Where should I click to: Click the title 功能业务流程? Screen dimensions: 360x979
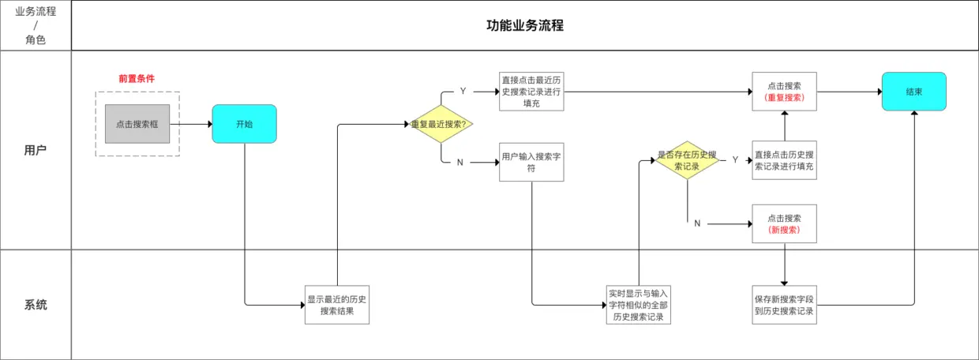tap(524, 25)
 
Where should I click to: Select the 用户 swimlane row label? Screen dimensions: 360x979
tap(36, 150)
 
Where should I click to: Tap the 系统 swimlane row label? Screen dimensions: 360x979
tap(36, 305)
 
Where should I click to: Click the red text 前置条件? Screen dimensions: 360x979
tap(137, 79)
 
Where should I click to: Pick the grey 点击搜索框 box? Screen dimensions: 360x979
tap(137, 124)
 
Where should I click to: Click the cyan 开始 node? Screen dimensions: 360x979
tap(244, 124)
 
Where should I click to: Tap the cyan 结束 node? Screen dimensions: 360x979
tap(913, 92)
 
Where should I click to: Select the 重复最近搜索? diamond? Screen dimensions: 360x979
tap(441, 124)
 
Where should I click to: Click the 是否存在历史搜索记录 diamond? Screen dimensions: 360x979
tap(688, 160)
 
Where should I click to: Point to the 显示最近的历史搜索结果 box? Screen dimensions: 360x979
tap(337, 305)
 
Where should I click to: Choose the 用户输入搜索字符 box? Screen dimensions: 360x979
tap(531, 162)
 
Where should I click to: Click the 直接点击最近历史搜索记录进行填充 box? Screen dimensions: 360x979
tap(531, 92)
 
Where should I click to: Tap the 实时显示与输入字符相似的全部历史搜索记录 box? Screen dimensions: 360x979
tap(638, 305)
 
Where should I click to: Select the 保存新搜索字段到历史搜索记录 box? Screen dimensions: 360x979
tap(784, 305)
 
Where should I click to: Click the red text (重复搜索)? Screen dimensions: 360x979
tap(784, 98)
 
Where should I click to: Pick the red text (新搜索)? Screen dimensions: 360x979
tap(784, 230)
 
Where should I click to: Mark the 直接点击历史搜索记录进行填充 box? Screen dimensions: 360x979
tap(784, 160)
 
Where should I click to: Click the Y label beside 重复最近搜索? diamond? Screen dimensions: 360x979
tap(463, 92)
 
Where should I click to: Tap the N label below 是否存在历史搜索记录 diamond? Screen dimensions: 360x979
tap(697, 223)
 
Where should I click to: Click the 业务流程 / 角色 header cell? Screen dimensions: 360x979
tap(36, 25)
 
